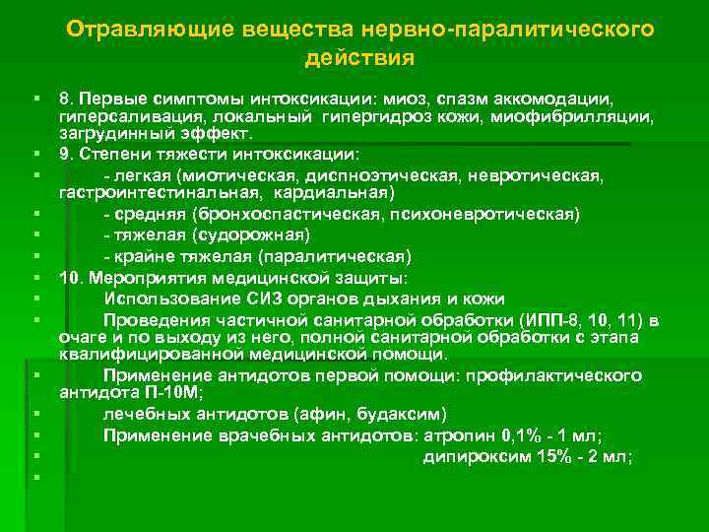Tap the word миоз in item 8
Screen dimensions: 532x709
[x=400, y=100]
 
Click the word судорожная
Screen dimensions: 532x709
[x=252, y=234]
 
